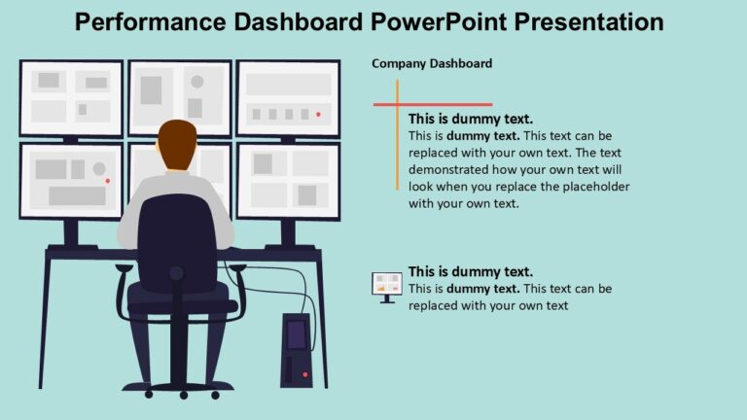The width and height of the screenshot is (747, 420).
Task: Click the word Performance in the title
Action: [x=146, y=21]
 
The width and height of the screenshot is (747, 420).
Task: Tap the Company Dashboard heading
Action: [x=432, y=63]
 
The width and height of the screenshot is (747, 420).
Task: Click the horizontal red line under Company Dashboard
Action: [x=433, y=104]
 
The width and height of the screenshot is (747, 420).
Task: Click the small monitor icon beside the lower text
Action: [x=386, y=286]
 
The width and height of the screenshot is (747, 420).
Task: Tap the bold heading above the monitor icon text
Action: [x=471, y=271]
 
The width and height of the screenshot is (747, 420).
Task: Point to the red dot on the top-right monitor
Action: [x=318, y=114]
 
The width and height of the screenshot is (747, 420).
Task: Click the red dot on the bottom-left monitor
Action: [x=107, y=181]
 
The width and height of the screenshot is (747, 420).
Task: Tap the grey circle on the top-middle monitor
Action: [x=197, y=82]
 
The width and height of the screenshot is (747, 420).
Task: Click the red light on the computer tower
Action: [x=304, y=374]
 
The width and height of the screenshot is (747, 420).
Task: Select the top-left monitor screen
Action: [x=71, y=97]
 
